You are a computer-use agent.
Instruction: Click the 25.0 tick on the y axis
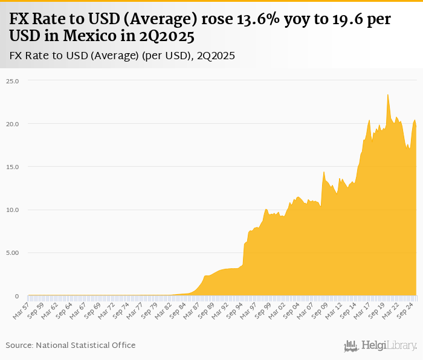click(13, 81)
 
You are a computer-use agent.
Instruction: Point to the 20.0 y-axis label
click(13, 124)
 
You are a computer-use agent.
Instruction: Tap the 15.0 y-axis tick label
click(13, 167)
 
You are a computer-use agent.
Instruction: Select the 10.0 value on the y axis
click(13, 210)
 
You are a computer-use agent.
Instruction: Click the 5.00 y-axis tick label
click(13, 253)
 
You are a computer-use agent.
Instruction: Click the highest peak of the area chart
click(387, 94)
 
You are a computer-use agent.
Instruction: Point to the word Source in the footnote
click(19, 345)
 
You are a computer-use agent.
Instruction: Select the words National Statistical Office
click(85, 345)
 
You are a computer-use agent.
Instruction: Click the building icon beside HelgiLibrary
click(350, 346)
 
